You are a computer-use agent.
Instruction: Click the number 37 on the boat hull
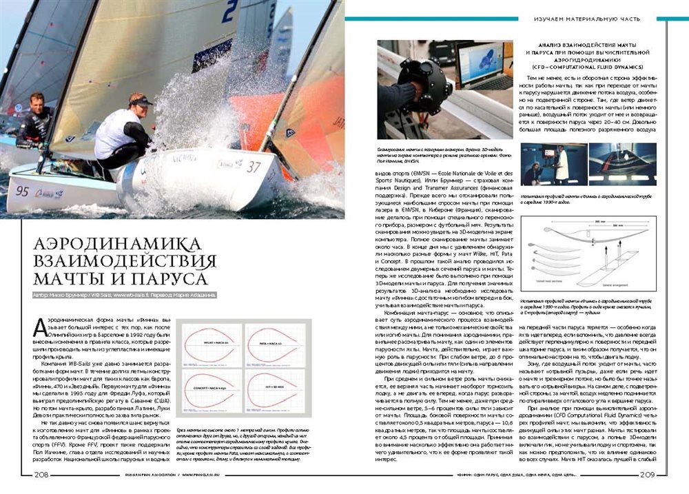coord(254,167)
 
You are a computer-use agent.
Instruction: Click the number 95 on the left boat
coord(22,191)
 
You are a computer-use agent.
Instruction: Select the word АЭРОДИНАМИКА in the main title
coord(118,244)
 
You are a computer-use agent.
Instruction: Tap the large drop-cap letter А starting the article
coord(40,328)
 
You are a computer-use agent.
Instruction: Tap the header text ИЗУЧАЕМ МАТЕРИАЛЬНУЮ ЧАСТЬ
coord(587,19)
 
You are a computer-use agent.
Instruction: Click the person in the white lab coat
coord(562,165)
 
